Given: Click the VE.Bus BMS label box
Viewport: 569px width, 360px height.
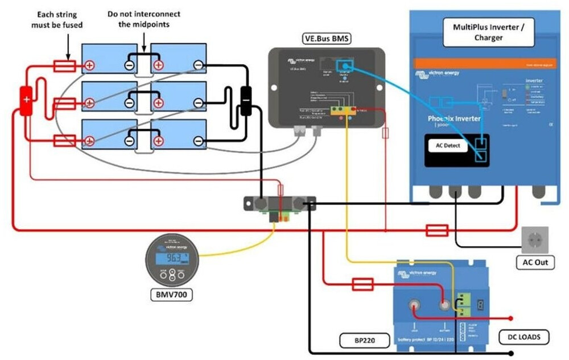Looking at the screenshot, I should [x=326, y=39].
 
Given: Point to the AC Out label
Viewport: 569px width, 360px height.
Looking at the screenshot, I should [x=535, y=263].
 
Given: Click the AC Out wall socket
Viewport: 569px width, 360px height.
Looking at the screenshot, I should [x=535, y=239].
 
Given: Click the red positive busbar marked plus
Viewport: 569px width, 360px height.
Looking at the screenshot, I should [x=26, y=100].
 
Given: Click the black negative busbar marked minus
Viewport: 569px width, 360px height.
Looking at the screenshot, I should [x=246, y=100].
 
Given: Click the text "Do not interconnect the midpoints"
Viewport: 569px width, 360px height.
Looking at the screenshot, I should [x=144, y=19].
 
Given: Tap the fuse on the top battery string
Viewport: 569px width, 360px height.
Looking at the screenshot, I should [x=64, y=66].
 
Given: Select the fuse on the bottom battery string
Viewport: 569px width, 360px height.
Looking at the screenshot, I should [x=64, y=140].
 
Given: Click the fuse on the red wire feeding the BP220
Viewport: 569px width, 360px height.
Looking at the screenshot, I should [x=362, y=284].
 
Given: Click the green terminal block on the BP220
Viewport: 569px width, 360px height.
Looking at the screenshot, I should [x=464, y=304].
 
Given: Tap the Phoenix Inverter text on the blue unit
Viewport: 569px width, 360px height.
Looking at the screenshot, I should [x=454, y=119].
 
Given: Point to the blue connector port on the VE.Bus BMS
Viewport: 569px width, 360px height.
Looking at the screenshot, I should [x=345, y=67].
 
